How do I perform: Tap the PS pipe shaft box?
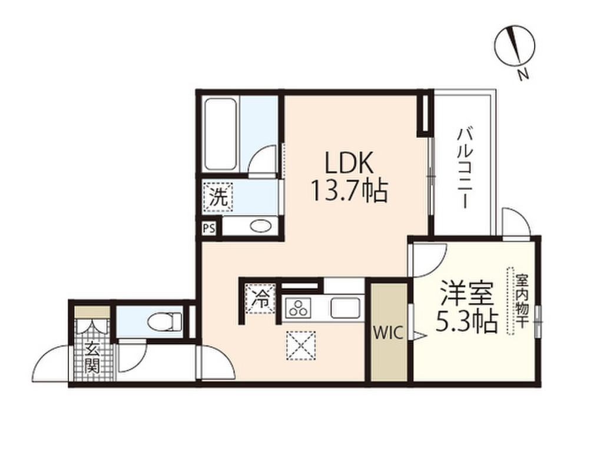point(209,228)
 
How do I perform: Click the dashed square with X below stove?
point(301,345)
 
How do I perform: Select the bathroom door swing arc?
point(261,159)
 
